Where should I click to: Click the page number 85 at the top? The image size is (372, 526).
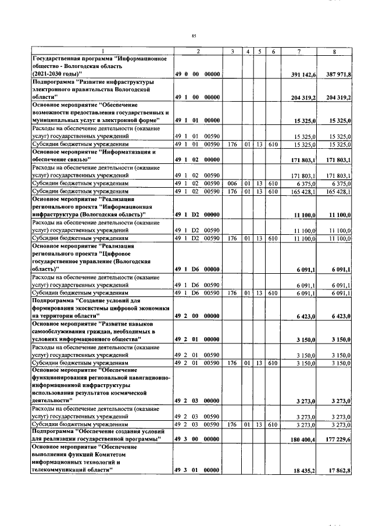point(193,35)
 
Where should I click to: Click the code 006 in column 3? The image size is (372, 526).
point(231,183)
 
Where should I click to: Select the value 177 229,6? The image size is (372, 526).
point(339,439)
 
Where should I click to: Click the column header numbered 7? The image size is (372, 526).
point(298,52)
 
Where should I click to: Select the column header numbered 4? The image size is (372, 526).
point(248,52)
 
